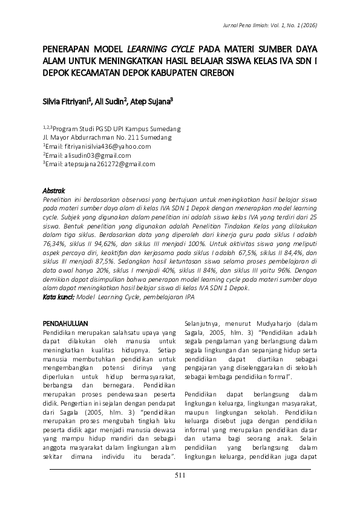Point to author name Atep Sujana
tap(152, 102)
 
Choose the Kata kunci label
tap(58, 298)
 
